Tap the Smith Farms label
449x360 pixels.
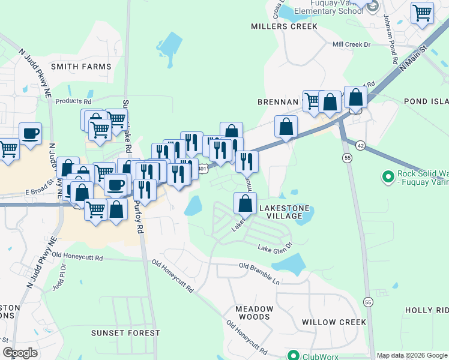(x=82, y=66)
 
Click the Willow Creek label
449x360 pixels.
(x=334, y=322)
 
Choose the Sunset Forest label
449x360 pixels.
(x=125, y=332)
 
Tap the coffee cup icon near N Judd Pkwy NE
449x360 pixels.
(x=30, y=133)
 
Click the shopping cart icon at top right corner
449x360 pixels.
(x=423, y=12)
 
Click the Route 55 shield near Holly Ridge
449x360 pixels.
(x=367, y=301)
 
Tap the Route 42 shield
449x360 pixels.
(x=360, y=145)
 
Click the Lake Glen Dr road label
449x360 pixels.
(x=274, y=247)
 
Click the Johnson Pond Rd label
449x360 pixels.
(x=390, y=39)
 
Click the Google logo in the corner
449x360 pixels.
(x=20, y=353)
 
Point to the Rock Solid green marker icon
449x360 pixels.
(x=387, y=177)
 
